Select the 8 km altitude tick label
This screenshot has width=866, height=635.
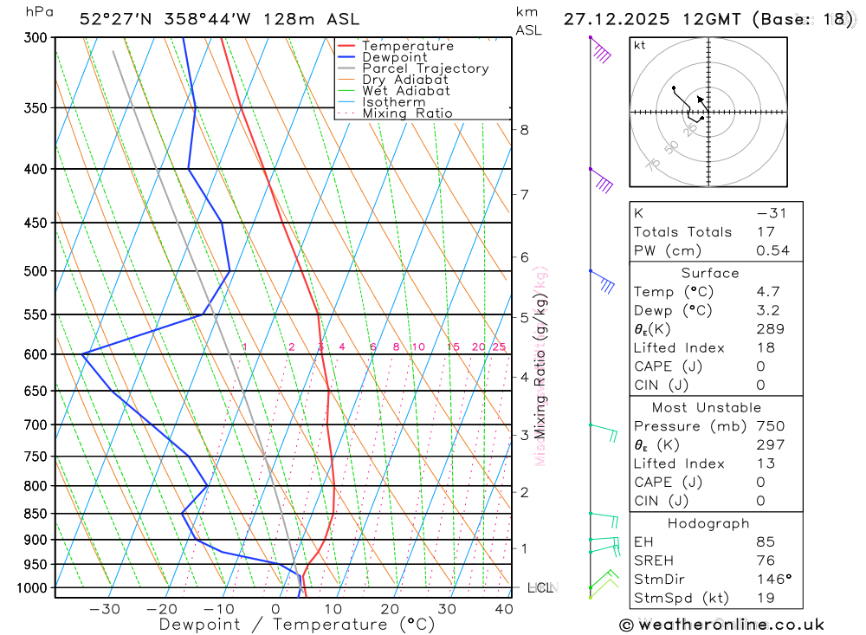[524, 130]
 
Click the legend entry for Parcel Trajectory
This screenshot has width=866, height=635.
[425, 68]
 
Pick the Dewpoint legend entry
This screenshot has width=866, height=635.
[395, 57]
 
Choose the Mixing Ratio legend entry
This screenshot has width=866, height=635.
[407, 113]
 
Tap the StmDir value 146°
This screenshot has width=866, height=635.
[772, 580]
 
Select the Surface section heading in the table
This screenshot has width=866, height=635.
[710, 273]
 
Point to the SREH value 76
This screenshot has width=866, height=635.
[766, 560]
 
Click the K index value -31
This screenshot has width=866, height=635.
[769, 213]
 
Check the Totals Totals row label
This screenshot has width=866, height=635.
[682, 232]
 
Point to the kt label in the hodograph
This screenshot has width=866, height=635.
[639, 45]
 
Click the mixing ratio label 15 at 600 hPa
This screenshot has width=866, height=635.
[453, 347]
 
